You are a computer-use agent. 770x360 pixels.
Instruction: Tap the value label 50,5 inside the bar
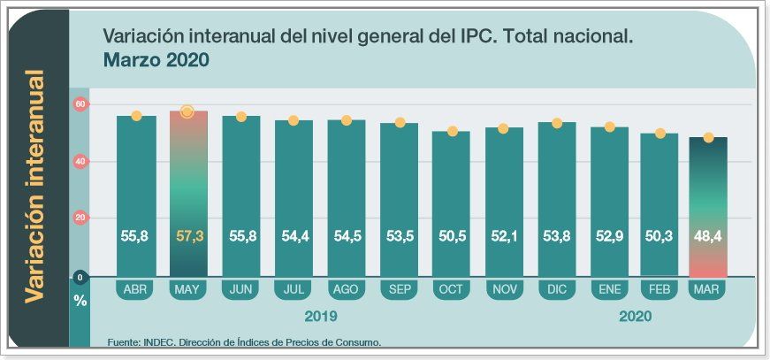coord(451,236)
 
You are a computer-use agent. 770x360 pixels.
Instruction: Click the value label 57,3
coord(187,236)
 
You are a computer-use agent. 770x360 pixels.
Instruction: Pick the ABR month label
coord(135,289)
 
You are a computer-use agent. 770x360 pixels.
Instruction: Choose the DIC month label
coord(556,289)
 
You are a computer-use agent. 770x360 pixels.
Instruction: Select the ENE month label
coord(609,289)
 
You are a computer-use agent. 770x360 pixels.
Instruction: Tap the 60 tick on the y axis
coord(80,104)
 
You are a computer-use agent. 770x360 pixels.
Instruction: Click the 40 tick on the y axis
coord(80,161)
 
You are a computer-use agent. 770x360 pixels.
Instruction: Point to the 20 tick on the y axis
coord(80,218)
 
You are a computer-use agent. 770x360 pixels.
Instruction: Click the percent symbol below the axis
coord(80,301)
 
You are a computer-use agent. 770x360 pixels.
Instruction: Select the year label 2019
coord(320,316)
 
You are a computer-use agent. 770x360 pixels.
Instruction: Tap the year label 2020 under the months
coord(636,316)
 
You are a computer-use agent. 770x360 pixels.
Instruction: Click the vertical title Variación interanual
coord(34,186)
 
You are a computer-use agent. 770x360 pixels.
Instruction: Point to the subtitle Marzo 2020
coord(156,61)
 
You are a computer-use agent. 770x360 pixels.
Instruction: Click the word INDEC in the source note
coord(163,342)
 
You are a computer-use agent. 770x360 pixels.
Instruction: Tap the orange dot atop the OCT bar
coord(452,132)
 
